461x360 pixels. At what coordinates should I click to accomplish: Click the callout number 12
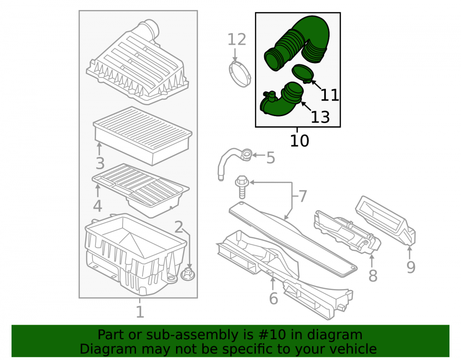(236, 39)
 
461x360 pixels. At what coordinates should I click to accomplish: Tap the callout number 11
(330, 95)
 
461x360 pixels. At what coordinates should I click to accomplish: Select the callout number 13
(320, 117)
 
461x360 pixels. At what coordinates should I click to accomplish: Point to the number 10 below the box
(299, 141)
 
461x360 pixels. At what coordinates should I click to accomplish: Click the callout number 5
(271, 158)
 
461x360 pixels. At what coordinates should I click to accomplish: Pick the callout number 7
(302, 196)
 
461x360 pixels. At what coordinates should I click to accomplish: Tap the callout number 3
(100, 163)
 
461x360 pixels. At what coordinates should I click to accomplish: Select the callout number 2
(178, 227)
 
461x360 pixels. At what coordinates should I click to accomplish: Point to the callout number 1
(140, 312)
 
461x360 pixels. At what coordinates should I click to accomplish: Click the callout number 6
(273, 298)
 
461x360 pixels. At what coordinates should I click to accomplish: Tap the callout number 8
(373, 276)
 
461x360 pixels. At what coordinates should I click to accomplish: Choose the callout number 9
(411, 267)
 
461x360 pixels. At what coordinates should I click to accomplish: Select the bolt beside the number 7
(242, 187)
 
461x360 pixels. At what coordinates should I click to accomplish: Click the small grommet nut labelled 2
(188, 275)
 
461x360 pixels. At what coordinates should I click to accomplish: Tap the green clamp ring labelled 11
(302, 73)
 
